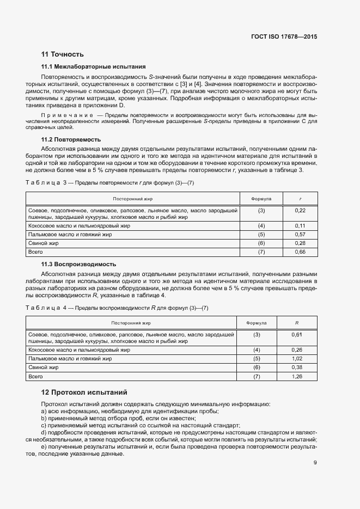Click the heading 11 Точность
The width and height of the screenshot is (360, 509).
point(63,54)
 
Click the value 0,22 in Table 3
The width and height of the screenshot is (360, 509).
point(300,210)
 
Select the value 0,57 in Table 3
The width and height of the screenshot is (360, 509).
point(300,234)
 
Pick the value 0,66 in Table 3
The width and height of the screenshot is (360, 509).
point(300,252)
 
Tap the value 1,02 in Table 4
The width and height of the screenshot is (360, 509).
point(297,359)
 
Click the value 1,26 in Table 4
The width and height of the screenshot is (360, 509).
point(297,377)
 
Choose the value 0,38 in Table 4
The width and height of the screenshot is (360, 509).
point(297,368)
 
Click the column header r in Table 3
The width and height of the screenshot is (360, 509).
point(300,199)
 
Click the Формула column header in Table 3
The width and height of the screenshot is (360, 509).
point(261,199)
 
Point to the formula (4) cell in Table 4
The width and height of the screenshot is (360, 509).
point(257,350)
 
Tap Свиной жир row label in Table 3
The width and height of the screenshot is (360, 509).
point(42,243)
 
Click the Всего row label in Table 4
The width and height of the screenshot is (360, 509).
point(35,377)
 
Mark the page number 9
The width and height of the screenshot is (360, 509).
point(315,463)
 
